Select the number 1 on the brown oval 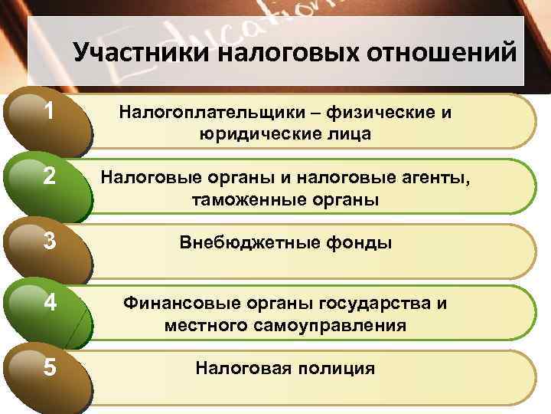click(x=49, y=112)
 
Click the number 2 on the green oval click(x=49, y=177)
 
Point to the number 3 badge click(x=49, y=242)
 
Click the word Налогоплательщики click(x=213, y=113)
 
